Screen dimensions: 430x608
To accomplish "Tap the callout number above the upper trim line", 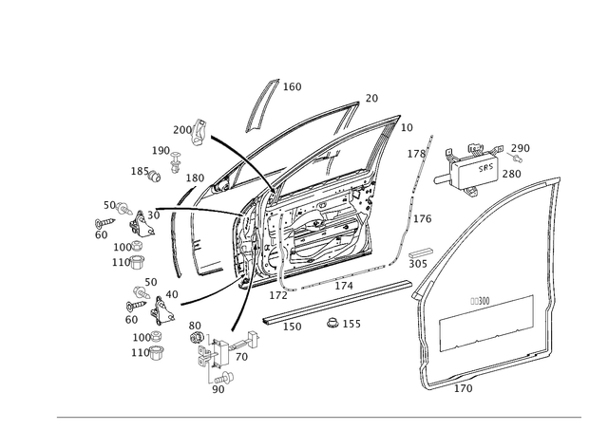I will pos(480,299).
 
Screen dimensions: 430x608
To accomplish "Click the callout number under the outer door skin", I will pos(465,389).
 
